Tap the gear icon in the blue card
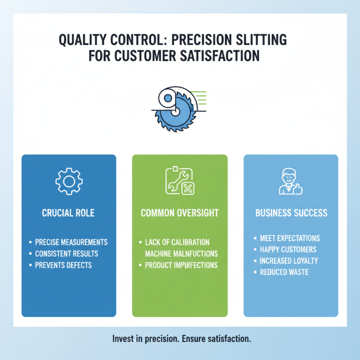pyautogui.click(x=69, y=181)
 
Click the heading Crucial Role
pyautogui.click(x=68, y=212)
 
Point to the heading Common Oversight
pyautogui.click(x=180, y=212)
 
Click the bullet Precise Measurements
pyautogui.click(x=71, y=243)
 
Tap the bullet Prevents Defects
pyautogui.click(x=63, y=265)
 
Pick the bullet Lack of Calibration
pyautogui.click(x=177, y=243)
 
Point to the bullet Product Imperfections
pyautogui.click(x=181, y=265)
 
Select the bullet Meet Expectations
pyautogui.click(x=290, y=238)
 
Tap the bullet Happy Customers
pyautogui.click(x=288, y=249)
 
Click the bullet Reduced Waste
pyautogui.click(x=283, y=272)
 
